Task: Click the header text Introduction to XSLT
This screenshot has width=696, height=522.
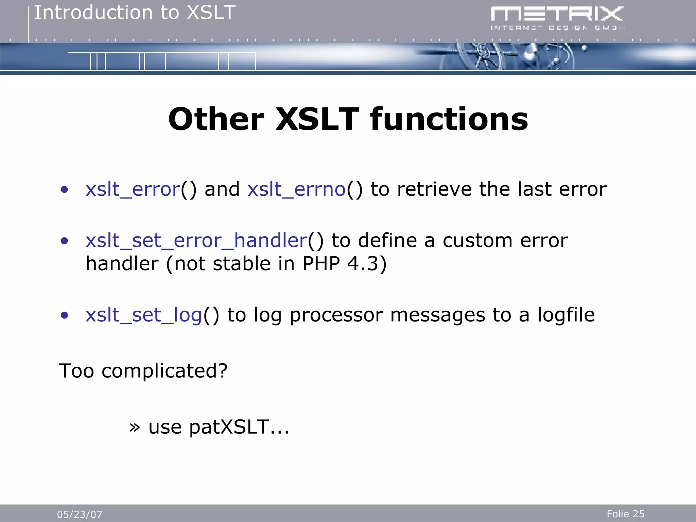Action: click(x=135, y=13)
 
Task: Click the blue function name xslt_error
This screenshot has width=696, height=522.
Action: click(x=133, y=189)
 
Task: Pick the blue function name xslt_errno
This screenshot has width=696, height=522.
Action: click(x=296, y=189)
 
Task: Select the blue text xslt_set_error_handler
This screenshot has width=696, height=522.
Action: click(x=196, y=241)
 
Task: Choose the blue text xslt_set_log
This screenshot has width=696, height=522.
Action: click(x=144, y=315)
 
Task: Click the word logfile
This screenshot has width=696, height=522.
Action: click(x=565, y=315)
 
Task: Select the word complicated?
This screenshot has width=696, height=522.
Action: click(x=164, y=371)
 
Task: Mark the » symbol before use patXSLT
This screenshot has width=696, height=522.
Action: click(x=135, y=428)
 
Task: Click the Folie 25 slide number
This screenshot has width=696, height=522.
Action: click(x=625, y=514)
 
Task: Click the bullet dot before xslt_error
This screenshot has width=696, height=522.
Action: click(x=64, y=190)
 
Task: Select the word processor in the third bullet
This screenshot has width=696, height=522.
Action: click(x=336, y=315)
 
